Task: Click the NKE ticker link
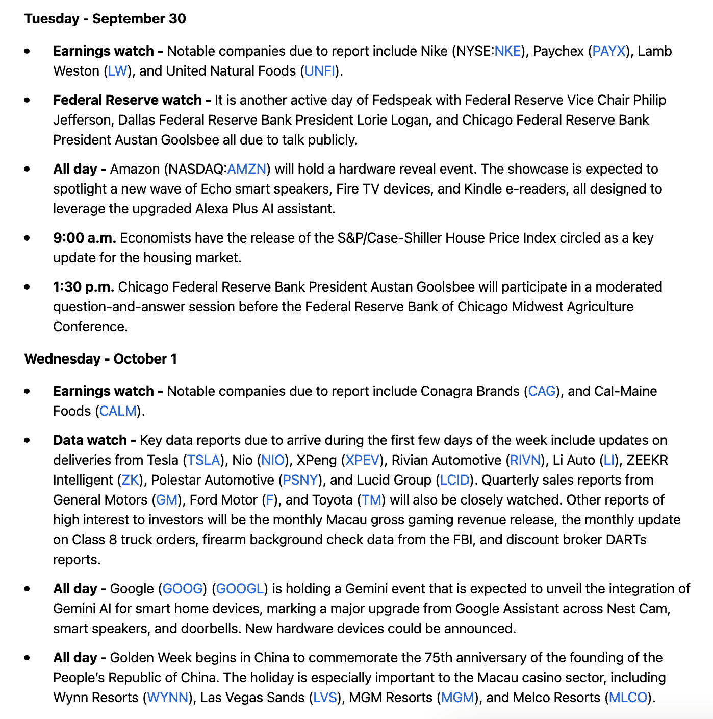[x=507, y=51]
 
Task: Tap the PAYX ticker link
[x=609, y=51]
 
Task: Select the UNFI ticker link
[x=320, y=71]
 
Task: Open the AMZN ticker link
[x=247, y=169]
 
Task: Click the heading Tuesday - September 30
[x=105, y=19]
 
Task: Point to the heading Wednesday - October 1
[x=100, y=359]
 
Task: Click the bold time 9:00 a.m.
[x=85, y=238]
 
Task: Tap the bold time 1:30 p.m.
[x=84, y=287]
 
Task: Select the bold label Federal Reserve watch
[x=128, y=100]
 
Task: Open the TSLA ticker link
[x=203, y=460]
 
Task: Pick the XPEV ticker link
[x=363, y=460]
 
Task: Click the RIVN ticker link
[x=525, y=460]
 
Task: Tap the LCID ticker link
[x=454, y=480]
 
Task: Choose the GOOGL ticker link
[x=240, y=589]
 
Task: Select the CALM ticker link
[x=118, y=411]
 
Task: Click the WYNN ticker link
[x=168, y=698]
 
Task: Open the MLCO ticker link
[x=628, y=698]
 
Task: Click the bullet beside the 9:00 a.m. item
[x=27, y=238]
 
